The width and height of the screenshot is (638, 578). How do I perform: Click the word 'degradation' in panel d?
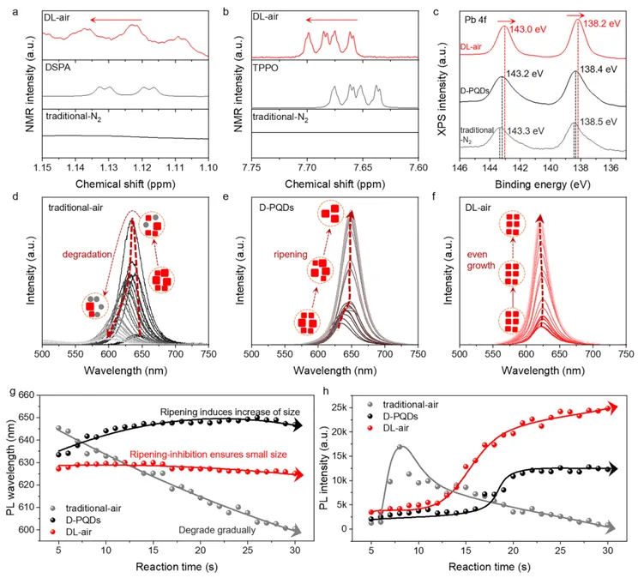tap(88, 254)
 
